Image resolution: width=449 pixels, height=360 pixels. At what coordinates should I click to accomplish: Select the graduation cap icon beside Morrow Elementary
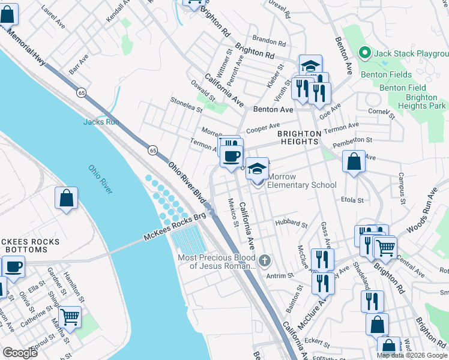[257, 170]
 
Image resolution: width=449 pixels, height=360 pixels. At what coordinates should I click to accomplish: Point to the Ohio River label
[100, 180]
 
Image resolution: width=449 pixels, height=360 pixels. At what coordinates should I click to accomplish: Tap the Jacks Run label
[100, 122]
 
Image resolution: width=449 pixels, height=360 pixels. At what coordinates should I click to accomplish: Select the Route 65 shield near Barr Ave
[81, 92]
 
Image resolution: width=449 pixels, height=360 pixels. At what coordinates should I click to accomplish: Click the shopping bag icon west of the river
[67, 199]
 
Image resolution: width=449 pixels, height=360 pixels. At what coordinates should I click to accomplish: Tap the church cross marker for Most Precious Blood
[265, 260]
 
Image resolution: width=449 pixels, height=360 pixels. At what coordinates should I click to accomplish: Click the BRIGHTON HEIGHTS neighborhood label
[298, 137]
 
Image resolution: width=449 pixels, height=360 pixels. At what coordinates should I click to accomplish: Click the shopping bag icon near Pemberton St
[354, 161]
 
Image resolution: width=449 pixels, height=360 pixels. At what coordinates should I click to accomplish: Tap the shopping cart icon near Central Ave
[385, 247]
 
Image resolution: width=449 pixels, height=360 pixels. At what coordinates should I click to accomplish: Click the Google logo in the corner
[20, 353]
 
